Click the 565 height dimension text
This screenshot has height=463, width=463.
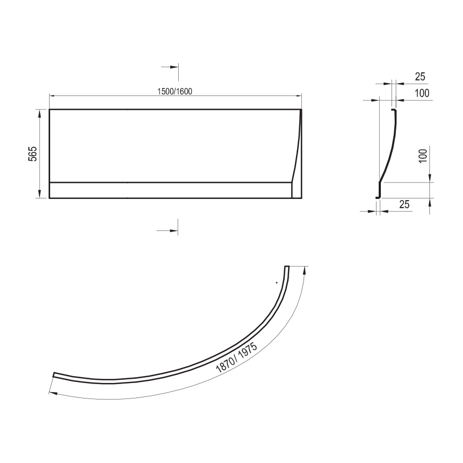31,154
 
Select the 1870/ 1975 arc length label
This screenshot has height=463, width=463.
237,358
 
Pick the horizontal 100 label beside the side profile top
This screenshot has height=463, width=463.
421,94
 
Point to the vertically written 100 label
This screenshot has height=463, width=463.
423,155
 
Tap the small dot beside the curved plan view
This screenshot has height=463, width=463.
276,282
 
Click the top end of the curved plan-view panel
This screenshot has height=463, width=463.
287,267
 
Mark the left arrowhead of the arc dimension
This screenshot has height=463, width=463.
50,393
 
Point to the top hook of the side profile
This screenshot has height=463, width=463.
394,110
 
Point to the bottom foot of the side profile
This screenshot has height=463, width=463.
378,198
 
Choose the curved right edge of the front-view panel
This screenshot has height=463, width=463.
297,155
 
